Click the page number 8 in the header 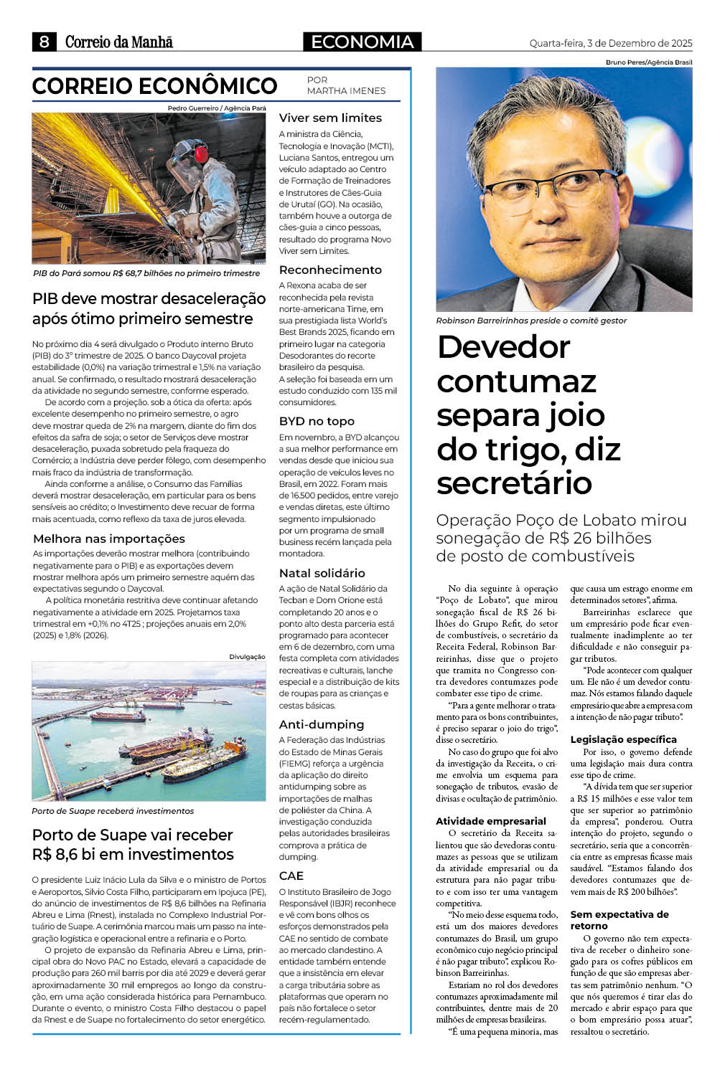(44, 42)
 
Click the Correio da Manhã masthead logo (119, 42)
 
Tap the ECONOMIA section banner (362, 42)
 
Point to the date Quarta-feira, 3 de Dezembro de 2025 (611, 43)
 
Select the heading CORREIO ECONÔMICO (154, 87)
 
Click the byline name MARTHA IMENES (346, 91)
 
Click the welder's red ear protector (201, 153)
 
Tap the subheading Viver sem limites (330, 118)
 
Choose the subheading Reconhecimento (330, 270)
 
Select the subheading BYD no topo (317, 422)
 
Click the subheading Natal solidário (322, 574)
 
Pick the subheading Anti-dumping (322, 725)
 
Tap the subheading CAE (291, 876)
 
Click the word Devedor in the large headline (503, 347)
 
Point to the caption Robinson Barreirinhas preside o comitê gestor (531, 321)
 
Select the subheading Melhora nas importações (109, 539)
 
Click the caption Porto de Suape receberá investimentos (113, 811)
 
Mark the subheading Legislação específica (623, 739)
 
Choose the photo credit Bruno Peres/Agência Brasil (649, 62)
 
